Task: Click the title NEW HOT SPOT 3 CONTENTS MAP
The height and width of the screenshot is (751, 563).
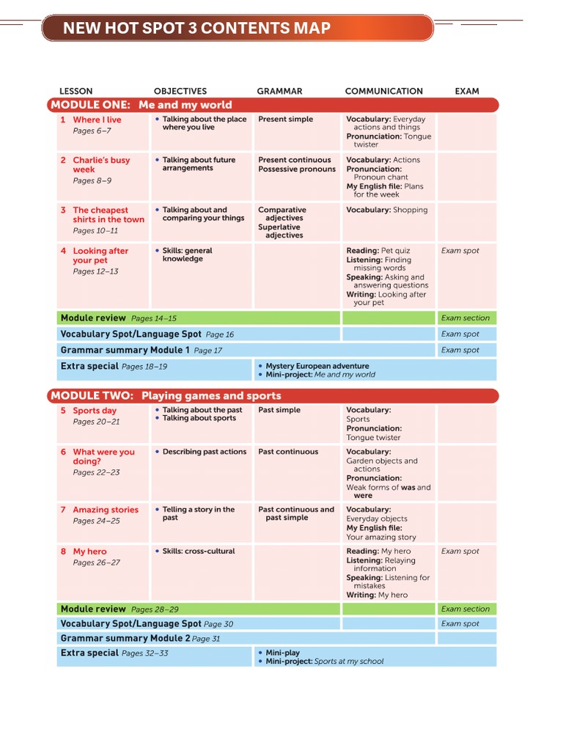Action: (196, 29)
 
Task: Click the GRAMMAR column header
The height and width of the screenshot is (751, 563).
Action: (279, 91)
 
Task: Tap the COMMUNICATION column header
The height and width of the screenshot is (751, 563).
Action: (383, 91)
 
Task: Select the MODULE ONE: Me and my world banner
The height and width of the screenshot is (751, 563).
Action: (141, 105)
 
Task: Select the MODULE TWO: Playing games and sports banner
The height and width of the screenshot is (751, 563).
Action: (166, 396)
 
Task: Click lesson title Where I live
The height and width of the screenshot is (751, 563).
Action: (97, 120)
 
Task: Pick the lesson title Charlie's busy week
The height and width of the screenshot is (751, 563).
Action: (100, 165)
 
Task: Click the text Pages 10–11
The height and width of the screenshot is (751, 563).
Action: (95, 231)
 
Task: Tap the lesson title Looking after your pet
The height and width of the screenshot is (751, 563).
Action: (100, 255)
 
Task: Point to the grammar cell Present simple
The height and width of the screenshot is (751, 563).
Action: (285, 119)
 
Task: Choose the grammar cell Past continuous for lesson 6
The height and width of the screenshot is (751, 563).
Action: (288, 452)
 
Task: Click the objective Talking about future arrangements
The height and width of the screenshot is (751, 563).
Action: (198, 164)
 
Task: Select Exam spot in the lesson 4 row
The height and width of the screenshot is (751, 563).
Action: (460, 251)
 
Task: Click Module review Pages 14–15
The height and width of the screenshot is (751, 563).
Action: (118, 318)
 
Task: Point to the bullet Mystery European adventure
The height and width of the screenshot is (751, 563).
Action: (317, 366)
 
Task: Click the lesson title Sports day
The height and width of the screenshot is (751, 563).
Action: (95, 411)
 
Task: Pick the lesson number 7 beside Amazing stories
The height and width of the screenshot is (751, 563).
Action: (64, 510)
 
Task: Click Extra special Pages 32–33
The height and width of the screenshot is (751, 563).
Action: (114, 653)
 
